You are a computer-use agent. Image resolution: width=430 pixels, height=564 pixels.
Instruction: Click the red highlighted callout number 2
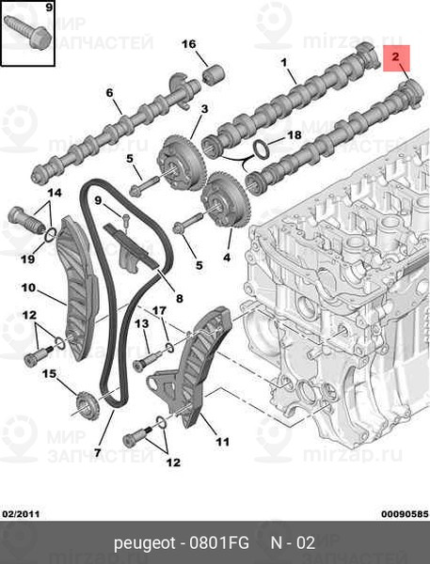pyautogui.click(x=397, y=58)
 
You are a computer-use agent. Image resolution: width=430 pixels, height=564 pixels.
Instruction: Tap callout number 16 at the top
pyautogui.click(x=188, y=44)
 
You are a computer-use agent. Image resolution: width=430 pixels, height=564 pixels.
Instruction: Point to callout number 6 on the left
pyautogui.click(x=109, y=92)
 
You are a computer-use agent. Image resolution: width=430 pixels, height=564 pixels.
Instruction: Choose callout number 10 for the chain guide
pyautogui.click(x=28, y=287)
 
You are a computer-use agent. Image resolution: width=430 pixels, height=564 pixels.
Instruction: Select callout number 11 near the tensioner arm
pyautogui.click(x=222, y=440)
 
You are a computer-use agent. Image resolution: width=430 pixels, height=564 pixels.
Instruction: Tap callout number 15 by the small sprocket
pyautogui.click(x=49, y=374)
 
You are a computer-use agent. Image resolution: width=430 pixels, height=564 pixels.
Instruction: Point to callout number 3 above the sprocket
pyautogui.click(x=203, y=110)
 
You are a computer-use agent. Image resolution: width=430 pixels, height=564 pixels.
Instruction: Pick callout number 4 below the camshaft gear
pyautogui.click(x=226, y=256)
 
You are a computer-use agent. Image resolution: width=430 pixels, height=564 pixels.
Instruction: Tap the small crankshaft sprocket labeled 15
pyautogui.click(x=85, y=406)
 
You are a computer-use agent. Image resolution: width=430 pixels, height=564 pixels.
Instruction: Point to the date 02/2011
pyautogui.click(x=20, y=513)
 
